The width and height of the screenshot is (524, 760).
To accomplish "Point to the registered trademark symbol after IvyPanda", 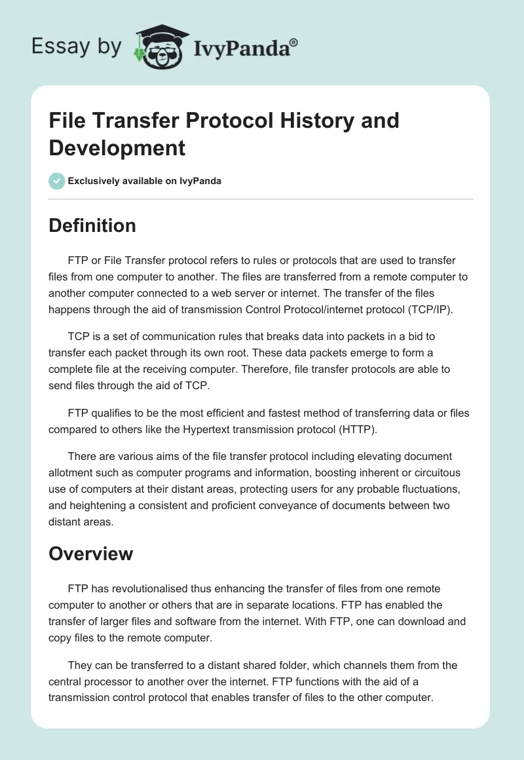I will click(x=294, y=43).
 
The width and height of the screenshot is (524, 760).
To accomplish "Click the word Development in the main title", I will click(x=117, y=147).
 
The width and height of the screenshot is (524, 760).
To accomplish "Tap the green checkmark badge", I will click(x=57, y=181).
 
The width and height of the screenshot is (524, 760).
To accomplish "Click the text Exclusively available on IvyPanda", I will click(x=145, y=181).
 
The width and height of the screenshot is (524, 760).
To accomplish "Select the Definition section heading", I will click(x=92, y=225).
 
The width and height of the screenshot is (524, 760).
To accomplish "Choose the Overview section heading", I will click(x=90, y=554).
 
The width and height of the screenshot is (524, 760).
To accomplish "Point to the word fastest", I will click(x=273, y=413).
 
